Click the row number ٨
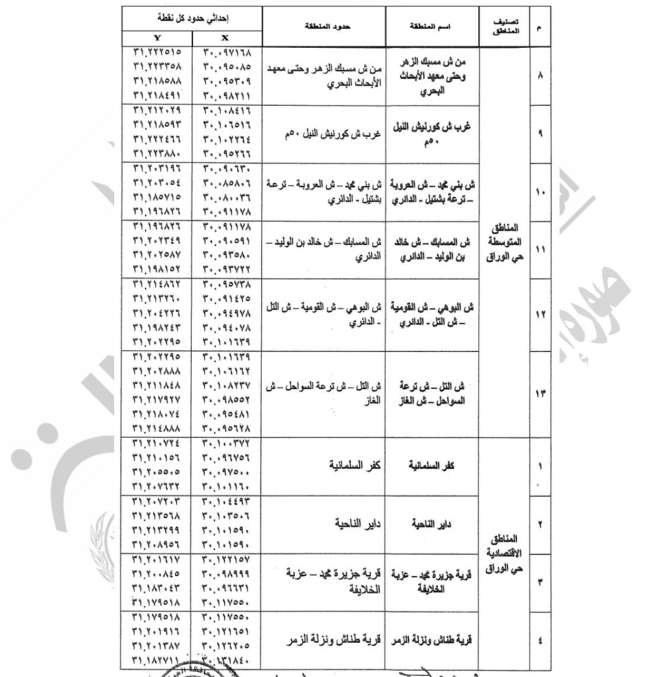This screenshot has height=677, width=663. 540,77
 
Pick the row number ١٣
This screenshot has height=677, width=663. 540,394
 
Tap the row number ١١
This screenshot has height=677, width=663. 540,250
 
